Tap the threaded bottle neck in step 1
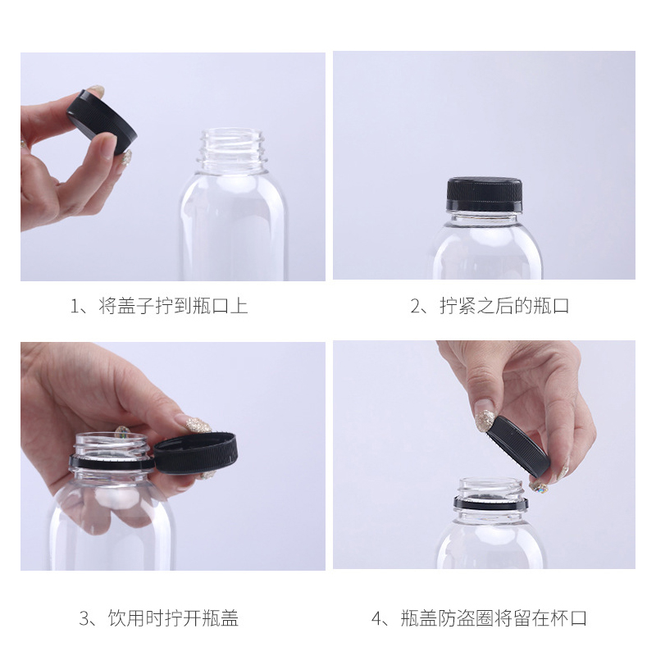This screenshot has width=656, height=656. click(x=234, y=148)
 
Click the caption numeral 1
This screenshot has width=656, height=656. click(x=75, y=307)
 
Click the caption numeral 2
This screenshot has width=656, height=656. click(x=416, y=307)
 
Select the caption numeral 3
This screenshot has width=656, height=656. click(x=84, y=618)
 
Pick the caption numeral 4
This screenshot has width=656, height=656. click(x=378, y=618)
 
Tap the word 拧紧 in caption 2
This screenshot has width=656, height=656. click(x=458, y=307)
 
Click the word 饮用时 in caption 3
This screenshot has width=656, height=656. click(x=136, y=618)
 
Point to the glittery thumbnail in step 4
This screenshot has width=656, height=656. click(x=485, y=420)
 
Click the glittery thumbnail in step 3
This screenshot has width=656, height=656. click(x=198, y=424)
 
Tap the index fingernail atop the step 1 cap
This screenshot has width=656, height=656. click(x=97, y=91)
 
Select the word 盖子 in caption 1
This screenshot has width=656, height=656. click(x=137, y=307)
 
